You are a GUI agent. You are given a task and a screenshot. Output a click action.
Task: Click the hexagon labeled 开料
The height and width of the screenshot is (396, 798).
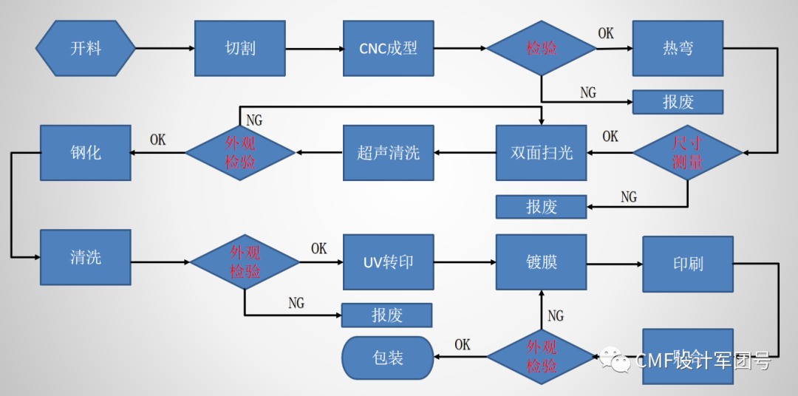tap(86, 48)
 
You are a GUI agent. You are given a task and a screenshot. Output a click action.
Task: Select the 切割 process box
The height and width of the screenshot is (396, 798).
tap(240, 48)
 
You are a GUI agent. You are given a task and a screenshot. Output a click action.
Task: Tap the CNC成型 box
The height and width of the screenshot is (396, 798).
tap(388, 48)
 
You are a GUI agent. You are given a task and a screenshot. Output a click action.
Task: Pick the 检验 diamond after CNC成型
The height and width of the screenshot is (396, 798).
tap(541, 48)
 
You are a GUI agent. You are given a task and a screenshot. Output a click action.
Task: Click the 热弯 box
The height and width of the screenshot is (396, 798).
tap(678, 48)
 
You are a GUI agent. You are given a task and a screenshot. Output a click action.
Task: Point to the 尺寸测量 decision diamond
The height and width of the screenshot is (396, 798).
tap(687, 153)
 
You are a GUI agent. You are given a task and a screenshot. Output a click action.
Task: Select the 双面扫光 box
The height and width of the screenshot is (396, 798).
tap(541, 153)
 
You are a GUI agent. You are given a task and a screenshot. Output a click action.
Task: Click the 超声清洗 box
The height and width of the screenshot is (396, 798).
tap(388, 153)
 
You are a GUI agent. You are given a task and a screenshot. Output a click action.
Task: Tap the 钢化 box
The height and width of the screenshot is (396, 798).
tap(85, 153)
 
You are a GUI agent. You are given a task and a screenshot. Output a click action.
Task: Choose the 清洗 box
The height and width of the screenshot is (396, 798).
tap(85, 257)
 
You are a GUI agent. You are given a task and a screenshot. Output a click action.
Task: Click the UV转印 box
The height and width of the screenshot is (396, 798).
tap(388, 262)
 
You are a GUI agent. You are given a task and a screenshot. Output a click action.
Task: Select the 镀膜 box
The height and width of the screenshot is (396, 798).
tap(541, 262)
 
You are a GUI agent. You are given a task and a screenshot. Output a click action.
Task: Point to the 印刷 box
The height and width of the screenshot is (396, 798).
tap(687, 264)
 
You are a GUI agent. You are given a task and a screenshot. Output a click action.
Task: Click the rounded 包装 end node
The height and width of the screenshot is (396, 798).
tap(388, 358)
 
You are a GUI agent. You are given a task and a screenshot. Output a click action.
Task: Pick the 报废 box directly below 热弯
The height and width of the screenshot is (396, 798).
tap(678, 102)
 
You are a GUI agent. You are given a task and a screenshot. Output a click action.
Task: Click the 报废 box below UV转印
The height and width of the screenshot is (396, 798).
tap(386, 315)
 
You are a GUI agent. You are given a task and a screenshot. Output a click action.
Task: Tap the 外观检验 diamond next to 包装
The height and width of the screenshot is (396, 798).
tap(541, 357)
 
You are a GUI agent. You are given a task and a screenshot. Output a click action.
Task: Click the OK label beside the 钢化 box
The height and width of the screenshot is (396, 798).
tap(157, 140)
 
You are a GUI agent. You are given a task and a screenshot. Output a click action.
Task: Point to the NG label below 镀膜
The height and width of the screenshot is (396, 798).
tap(556, 316)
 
